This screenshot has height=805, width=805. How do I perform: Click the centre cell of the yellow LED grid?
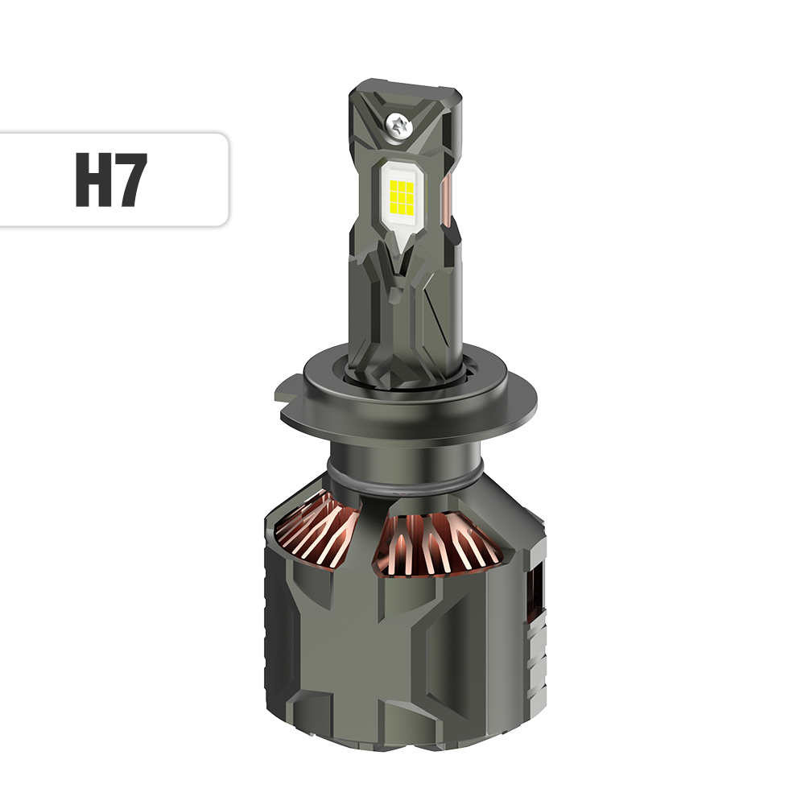coord(399,191)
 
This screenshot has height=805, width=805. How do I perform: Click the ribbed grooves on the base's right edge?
coord(538,652)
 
